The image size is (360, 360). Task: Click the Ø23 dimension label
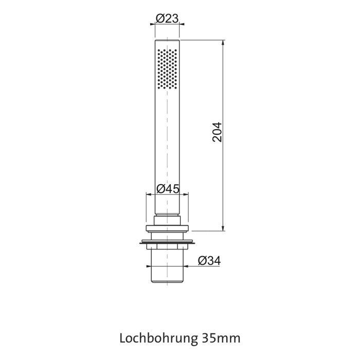[x=167, y=19]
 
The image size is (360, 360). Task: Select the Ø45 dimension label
[x=167, y=189]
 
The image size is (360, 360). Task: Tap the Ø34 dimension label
[x=209, y=261]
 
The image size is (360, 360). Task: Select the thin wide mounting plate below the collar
[x=167, y=242]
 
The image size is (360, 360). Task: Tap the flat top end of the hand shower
[x=167, y=39]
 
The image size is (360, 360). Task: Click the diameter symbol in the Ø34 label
[x=201, y=261]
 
